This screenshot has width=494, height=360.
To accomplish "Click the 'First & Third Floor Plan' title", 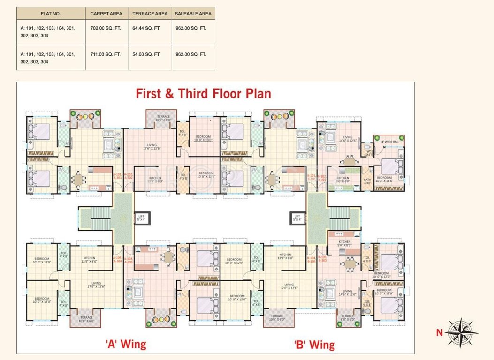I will (x=203, y=93).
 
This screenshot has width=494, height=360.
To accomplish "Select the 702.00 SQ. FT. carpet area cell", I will (x=106, y=28).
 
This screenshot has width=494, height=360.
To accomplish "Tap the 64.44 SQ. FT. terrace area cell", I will (x=146, y=28).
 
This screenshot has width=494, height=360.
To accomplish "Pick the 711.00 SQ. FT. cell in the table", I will (x=106, y=54).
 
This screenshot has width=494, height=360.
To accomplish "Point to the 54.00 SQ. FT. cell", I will (x=146, y=54).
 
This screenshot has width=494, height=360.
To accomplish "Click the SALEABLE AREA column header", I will (x=193, y=14).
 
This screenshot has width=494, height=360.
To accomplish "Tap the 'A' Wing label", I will (x=125, y=345).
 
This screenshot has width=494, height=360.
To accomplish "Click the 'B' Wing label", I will (x=314, y=345).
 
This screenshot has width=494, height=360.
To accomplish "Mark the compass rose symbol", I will (x=462, y=331).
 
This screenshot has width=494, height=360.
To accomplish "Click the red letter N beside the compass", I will (x=439, y=333).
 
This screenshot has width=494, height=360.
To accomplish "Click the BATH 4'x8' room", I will (x=367, y=181).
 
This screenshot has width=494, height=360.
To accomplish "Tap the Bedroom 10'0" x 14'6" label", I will (x=385, y=179).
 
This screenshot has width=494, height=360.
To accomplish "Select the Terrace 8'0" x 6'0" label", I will (x=348, y=318).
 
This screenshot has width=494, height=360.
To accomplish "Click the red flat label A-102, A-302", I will (x=129, y=176).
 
